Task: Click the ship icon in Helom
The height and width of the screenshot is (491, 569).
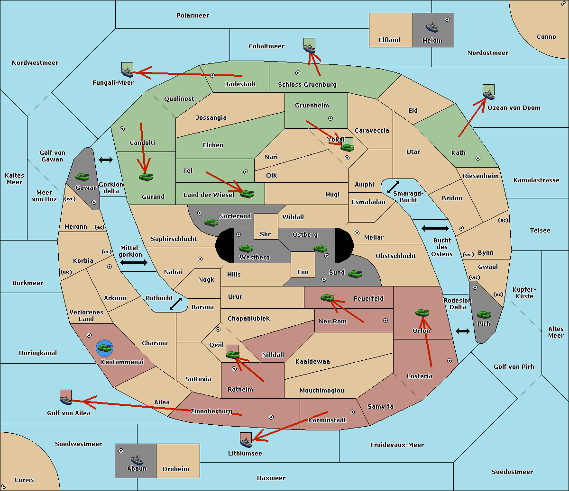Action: (x=432, y=27)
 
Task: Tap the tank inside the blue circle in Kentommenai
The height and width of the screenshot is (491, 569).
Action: (x=105, y=348)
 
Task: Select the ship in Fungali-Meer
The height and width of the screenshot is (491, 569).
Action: (x=127, y=72)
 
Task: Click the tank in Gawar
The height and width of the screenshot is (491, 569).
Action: (x=83, y=177)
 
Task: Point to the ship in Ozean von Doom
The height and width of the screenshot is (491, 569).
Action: (x=488, y=95)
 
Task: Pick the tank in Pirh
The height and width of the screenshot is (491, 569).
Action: (x=484, y=315)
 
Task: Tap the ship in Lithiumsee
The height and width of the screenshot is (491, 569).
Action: (x=246, y=442)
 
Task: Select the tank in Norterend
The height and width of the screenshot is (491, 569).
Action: (x=211, y=222)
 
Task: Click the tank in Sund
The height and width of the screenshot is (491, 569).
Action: (x=355, y=274)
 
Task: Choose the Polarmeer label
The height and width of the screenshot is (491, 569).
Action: (x=193, y=16)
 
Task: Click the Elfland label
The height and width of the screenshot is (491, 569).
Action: (x=389, y=40)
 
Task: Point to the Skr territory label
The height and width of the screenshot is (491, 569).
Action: (x=265, y=234)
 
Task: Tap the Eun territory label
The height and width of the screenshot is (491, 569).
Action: (x=303, y=272)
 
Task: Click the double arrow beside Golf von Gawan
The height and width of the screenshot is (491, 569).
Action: (x=106, y=160)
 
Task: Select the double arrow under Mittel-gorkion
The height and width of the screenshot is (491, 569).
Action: (x=134, y=262)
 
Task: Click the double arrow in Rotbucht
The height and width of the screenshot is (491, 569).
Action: (x=175, y=304)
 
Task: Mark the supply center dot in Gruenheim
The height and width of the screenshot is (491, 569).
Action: (x=330, y=118)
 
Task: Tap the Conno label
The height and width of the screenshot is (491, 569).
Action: (x=546, y=36)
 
